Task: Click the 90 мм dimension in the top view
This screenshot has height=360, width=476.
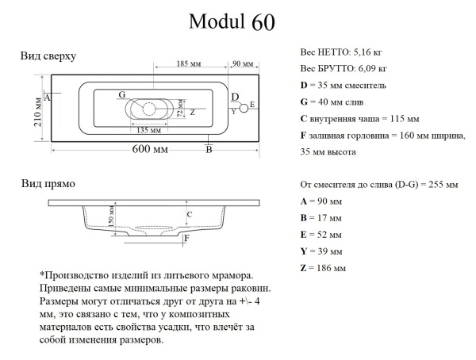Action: coord(242,63)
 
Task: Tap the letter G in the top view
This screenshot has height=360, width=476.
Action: coord(121,95)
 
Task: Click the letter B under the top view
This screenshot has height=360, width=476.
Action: coord(208,148)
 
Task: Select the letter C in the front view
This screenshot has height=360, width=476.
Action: coord(190,214)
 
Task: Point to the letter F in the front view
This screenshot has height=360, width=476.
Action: coord(186,238)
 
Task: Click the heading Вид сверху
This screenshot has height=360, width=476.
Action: coord(48,57)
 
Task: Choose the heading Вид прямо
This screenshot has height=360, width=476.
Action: coord(47,184)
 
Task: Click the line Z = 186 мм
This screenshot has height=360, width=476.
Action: coord(323,269)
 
